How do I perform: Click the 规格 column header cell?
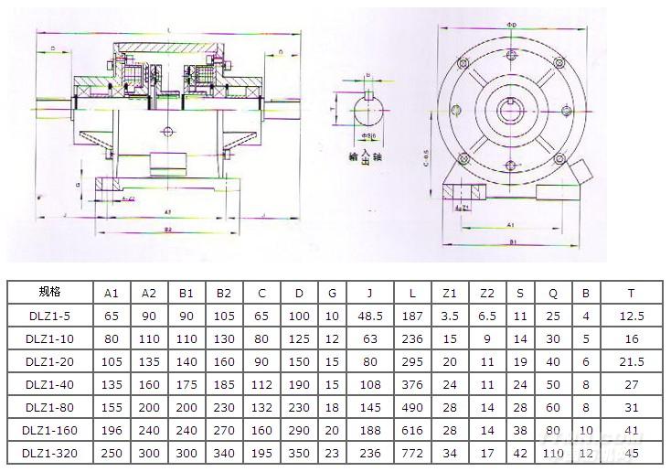tap(49, 293)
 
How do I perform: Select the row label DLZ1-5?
tap(49, 316)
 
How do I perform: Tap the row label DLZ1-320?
tap(49, 452)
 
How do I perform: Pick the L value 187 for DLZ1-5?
tap(413, 316)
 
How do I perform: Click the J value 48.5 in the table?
tap(370, 316)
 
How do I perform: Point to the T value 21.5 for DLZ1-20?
tap(632, 361)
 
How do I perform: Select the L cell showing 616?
tap(413, 430)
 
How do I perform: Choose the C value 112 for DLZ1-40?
tap(261, 384)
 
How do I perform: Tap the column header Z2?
tap(486, 293)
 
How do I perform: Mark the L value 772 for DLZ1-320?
tap(413, 452)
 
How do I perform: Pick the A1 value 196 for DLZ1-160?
tap(112, 430)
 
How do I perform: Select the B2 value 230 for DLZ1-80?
tap(223, 407)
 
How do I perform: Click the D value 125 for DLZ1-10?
tap(299, 338)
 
